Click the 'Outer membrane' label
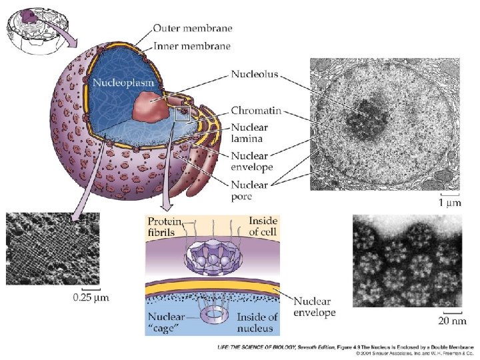(193, 28)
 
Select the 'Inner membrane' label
(192, 46)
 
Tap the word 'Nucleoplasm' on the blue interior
(123, 83)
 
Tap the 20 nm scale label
(453, 321)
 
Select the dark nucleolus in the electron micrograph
(367, 117)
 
